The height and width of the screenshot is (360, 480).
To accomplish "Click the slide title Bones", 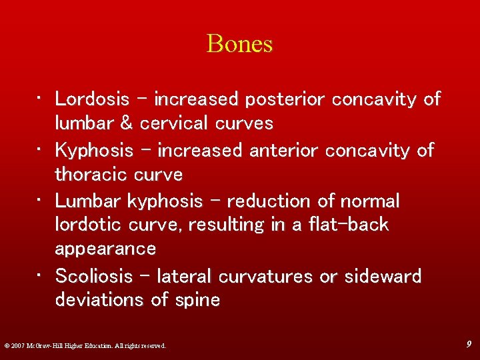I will click(240, 44).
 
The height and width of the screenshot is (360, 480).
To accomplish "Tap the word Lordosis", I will click(92, 99).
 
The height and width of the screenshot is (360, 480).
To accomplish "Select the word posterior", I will click(285, 99).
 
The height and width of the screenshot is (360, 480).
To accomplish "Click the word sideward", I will click(383, 276).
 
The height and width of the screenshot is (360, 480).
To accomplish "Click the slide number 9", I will click(469, 344).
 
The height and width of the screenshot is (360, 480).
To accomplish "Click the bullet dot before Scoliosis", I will click(40, 276).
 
